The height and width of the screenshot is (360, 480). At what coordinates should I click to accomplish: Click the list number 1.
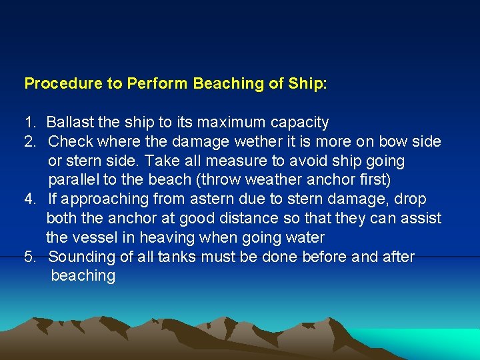point(29,123)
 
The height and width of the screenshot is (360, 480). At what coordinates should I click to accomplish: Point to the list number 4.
point(29,199)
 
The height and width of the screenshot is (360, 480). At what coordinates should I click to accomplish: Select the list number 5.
point(29,257)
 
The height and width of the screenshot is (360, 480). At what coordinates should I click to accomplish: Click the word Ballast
point(70,123)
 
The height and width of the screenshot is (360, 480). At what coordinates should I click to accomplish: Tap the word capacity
point(301,123)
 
